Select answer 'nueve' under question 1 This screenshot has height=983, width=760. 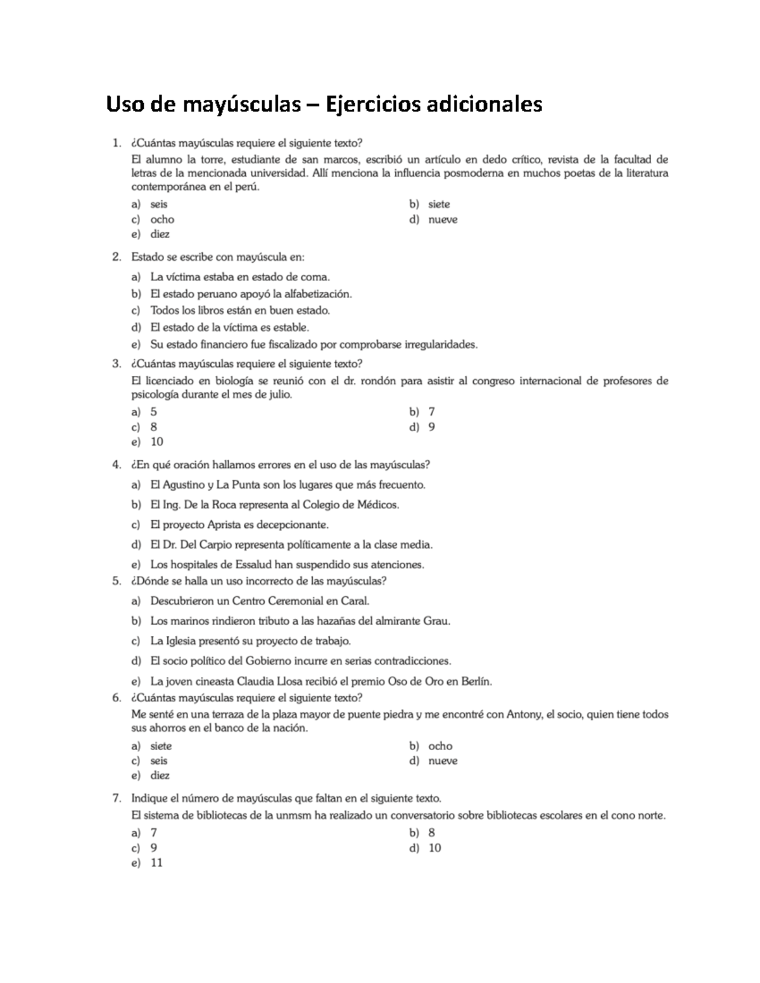(443, 220)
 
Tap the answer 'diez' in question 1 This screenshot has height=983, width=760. (160, 234)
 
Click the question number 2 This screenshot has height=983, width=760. (116, 257)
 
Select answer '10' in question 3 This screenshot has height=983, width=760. (156, 442)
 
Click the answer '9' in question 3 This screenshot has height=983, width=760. (431, 427)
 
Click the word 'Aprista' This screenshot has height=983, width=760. (228, 525)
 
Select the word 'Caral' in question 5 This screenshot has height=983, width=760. (354, 601)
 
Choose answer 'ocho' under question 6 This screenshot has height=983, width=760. (440, 746)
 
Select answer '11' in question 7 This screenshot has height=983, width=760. (156, 863)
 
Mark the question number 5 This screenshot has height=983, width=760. (116, 580)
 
